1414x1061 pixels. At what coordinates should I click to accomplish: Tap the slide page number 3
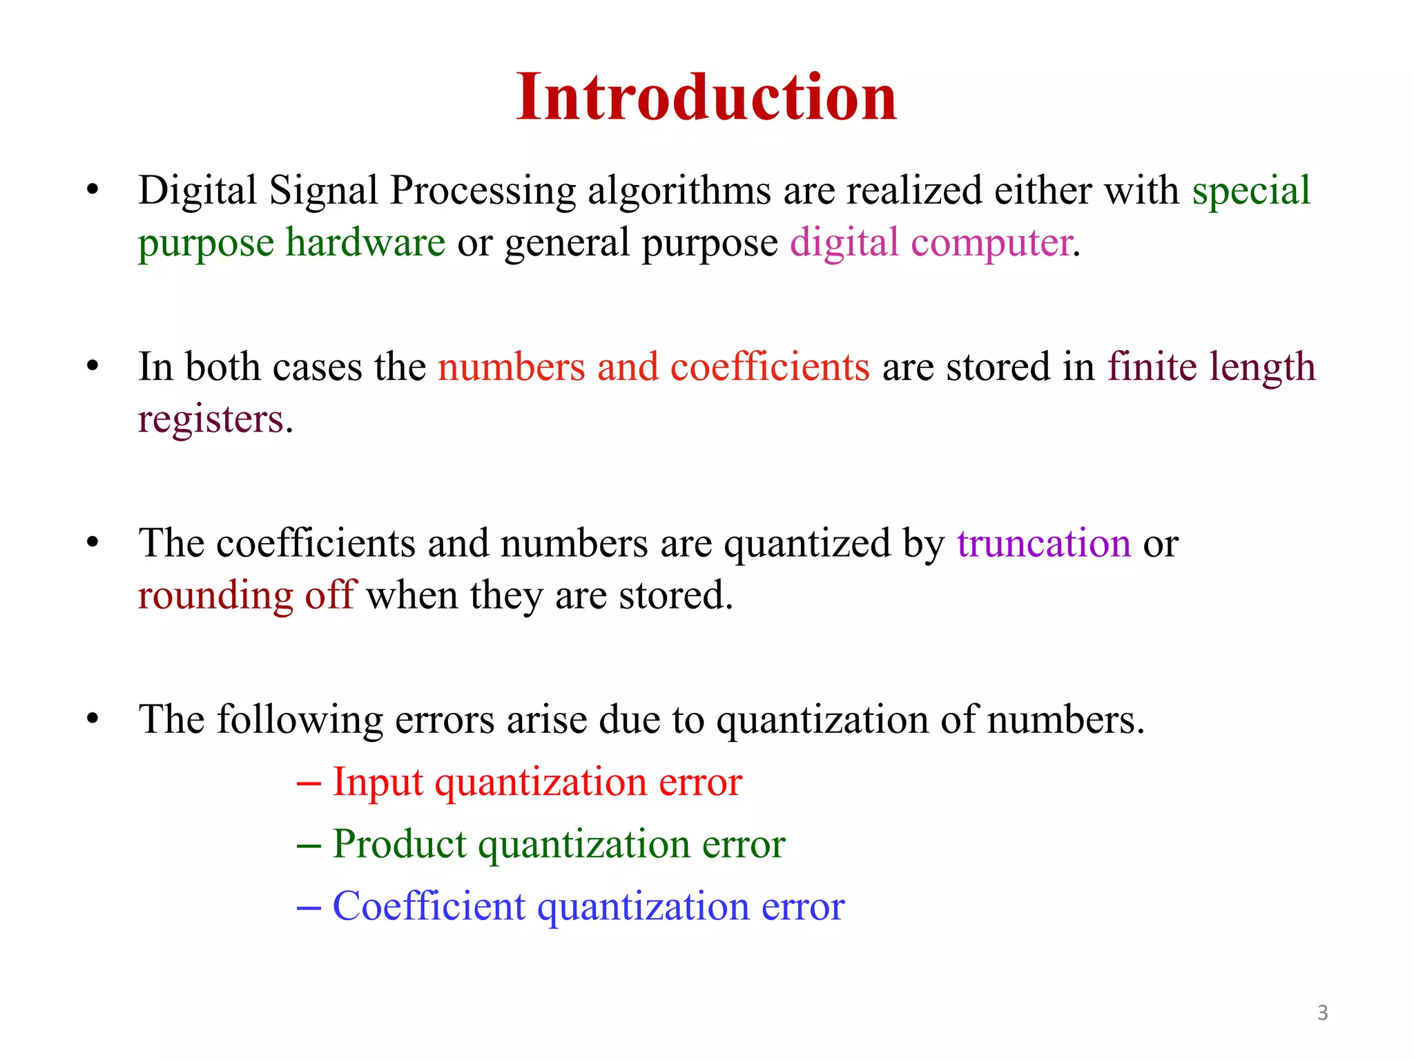coord(1322,1013)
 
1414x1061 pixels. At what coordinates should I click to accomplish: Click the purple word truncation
coord(1044,543)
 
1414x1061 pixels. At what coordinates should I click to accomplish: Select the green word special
coord(1251,191)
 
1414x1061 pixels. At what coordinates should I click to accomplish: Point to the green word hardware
coord(366,242)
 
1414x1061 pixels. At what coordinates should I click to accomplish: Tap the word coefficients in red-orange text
coord(770,367)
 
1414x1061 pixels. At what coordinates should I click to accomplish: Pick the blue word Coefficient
coord(429,906)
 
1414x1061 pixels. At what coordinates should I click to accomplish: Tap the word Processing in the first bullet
coord(483,192)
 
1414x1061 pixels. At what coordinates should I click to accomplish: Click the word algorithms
coord(679,192)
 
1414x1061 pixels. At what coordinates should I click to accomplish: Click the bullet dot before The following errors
coord(93,719)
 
